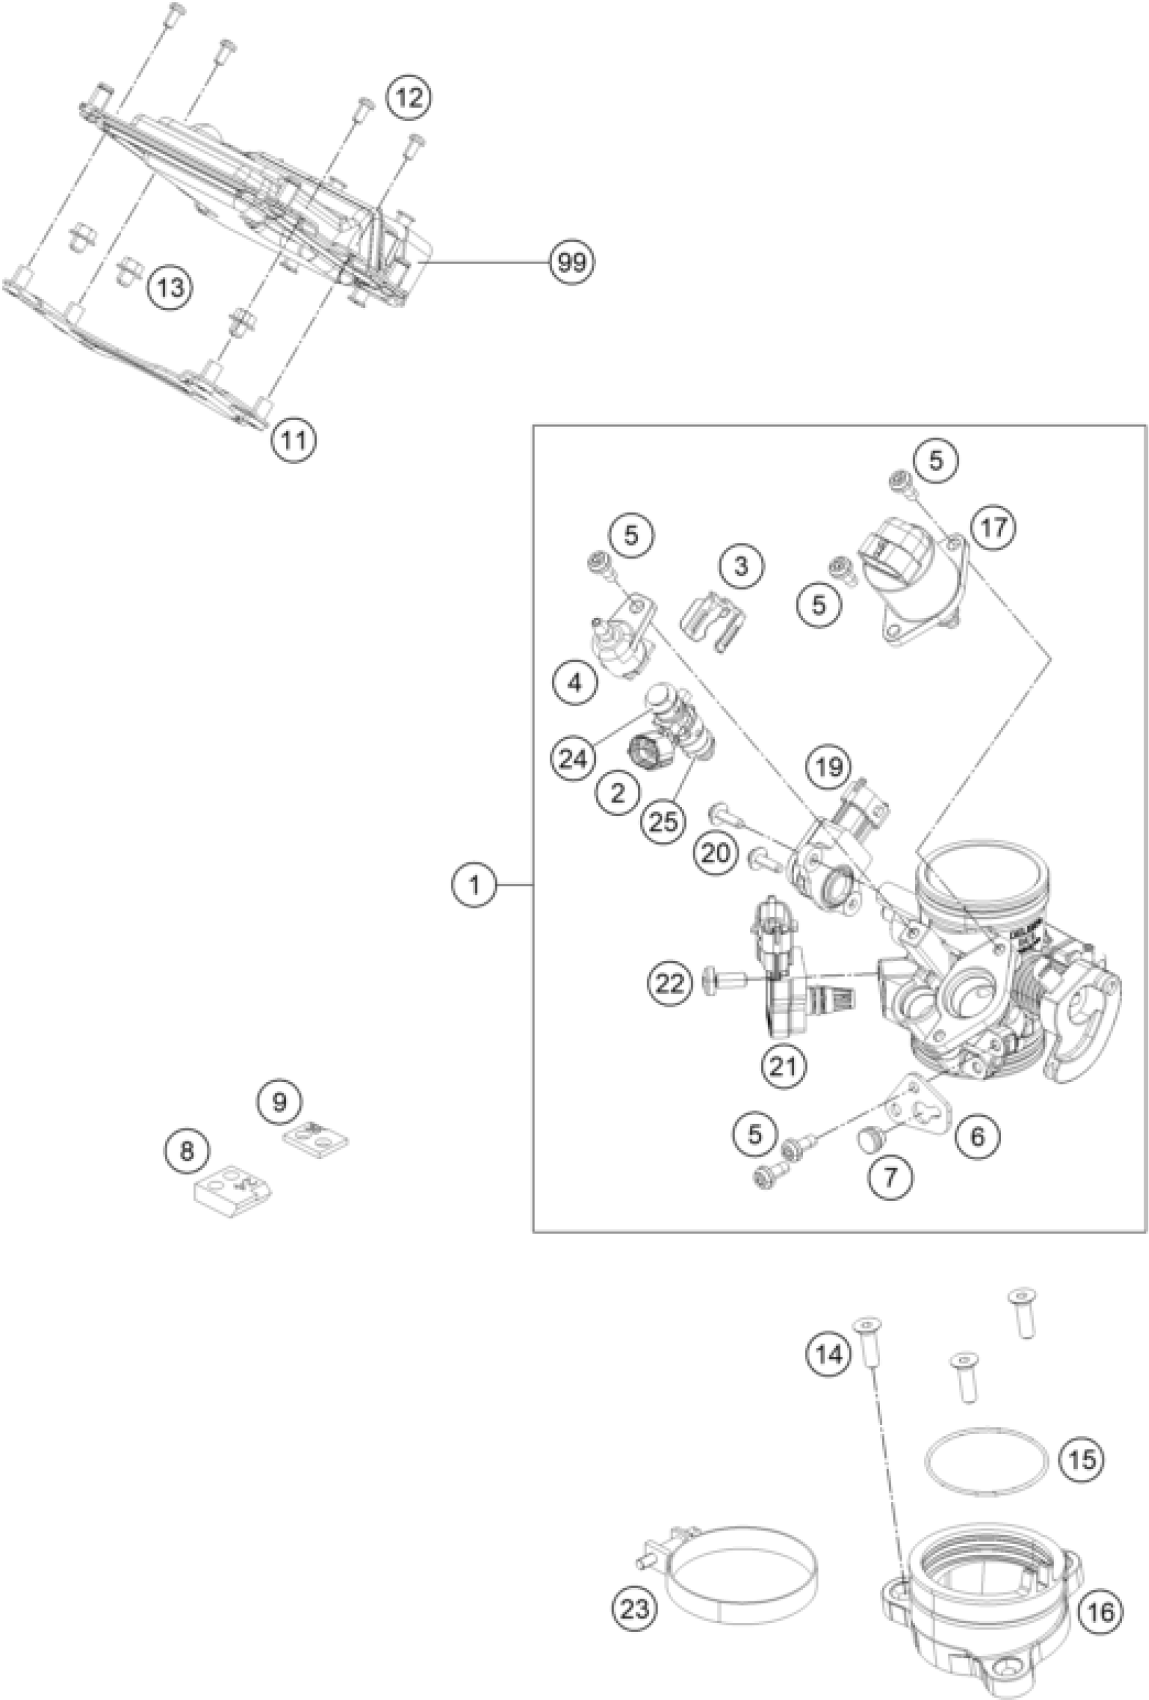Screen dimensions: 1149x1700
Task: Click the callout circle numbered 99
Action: click(572, 261)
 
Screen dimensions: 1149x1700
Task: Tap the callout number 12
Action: click(409, 97)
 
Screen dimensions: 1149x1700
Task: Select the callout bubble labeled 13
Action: click(170, 288)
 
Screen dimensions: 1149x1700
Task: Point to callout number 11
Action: click(294, 440)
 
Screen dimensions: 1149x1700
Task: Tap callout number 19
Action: click(829, 767)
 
